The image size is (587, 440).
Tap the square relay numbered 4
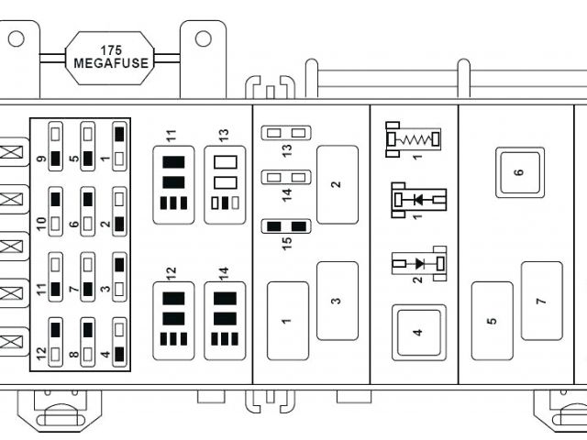pos(418,331)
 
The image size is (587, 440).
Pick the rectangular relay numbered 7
pos(541,301)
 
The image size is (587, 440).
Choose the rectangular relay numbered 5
pos(493,321)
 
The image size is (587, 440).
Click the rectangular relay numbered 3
pos(337,301)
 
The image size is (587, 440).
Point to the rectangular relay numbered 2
pos(337,183)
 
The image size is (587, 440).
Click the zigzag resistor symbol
pos(412,139)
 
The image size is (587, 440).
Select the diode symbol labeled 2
pos(418,264)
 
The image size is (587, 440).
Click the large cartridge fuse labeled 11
pos(173,183)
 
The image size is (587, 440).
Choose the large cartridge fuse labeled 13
pos(225,183)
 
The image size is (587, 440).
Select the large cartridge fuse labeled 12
pos(173,320)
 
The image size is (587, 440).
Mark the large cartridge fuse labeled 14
pos(225,320)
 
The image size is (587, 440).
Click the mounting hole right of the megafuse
pos(204,38)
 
